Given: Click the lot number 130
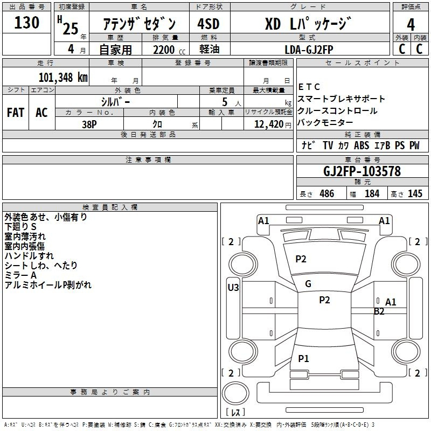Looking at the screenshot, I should coord(27,23).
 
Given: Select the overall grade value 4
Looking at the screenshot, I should coord(411,24).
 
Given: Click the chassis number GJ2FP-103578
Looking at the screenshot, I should coord(362,171).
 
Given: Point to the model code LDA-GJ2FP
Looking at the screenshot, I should coord(309,49).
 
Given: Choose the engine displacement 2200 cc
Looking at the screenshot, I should coord(164,50).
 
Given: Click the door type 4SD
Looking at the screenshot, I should coord(208,24).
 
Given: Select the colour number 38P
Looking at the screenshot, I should coord(89,123).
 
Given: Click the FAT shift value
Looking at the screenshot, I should coord(15,113).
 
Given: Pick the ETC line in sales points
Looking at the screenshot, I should coord(309,87).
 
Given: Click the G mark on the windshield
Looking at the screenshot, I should coord(308,284).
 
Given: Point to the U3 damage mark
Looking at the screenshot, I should coord(233,287).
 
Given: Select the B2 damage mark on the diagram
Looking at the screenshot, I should coord(379,311).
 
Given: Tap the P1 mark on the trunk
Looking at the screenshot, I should coord(304,358).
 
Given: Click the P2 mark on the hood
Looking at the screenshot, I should coord(301,259).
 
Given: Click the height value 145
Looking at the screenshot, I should coord(415,194).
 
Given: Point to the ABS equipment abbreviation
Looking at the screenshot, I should coord(362,145).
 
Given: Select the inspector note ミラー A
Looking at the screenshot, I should coord(20,275).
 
